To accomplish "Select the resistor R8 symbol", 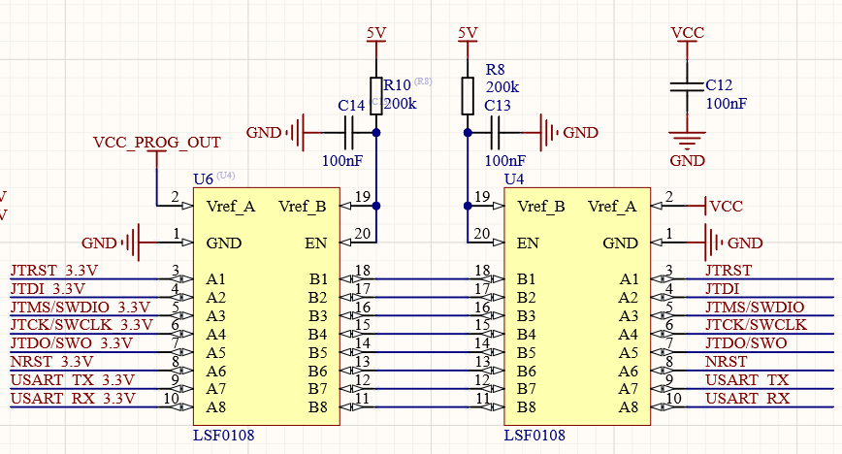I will click(x=468, y=94).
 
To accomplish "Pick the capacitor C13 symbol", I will click(x=495, y=132).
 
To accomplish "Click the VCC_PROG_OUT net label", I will click(x=156, y=142).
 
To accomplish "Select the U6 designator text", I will click(x=204, y=179).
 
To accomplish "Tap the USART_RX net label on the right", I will click(x=747, y=399).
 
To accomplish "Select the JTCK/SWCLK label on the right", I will click(x=757, y=325).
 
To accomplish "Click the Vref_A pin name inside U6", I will click(x=231, y=206).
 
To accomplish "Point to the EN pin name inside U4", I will click(x=528, y=243).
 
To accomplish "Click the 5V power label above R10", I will click(x=376, y=33).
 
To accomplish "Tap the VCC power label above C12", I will click(x=688, y=33).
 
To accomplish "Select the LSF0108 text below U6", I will click(x=224, y=436).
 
